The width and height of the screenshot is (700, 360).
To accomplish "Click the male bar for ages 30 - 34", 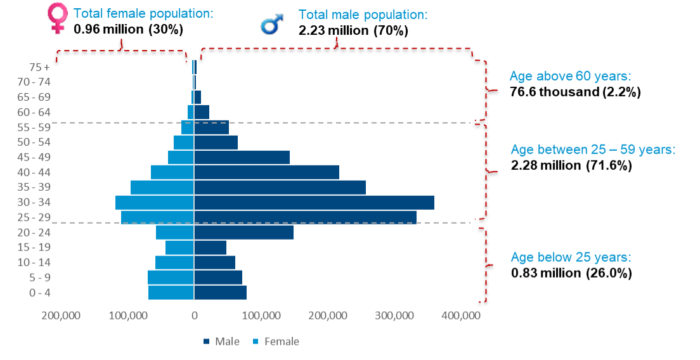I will point(314,202).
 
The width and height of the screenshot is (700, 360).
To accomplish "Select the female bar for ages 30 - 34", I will point(154,202).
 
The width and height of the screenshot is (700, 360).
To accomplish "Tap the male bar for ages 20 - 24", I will point(243,233).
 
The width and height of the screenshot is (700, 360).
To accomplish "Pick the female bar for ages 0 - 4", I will point(171,293).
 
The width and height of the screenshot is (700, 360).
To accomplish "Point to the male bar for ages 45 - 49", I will point(242,157).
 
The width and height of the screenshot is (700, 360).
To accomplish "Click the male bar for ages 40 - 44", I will point(266,172).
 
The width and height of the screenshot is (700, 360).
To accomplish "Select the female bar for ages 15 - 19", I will point(179,247).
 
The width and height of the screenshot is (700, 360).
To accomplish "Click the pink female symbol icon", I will point(58,18).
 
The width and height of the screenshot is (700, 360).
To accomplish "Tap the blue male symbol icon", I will point(271,24).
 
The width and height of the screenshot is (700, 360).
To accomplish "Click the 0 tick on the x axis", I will point(194,315).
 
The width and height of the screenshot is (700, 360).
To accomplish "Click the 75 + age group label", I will point(39,67).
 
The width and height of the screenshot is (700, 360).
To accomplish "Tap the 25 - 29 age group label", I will point(36,217).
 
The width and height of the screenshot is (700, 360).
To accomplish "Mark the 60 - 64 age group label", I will point(36,112).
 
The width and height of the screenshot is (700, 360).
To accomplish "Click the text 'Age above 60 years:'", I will point(571,77).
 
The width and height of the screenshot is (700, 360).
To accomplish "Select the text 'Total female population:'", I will point(143,13).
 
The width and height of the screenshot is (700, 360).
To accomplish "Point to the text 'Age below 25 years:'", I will point(571,257).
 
